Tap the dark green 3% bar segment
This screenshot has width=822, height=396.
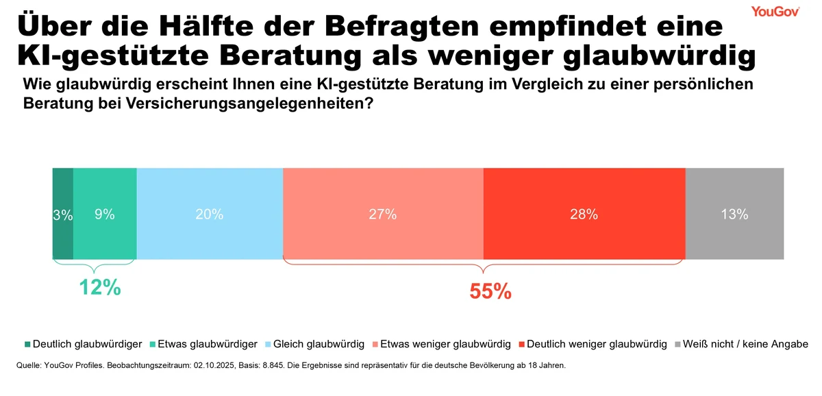(x=62, y=214)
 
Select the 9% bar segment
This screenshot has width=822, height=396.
(x=105, y=214)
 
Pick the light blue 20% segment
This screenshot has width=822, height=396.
(x=210, y=214)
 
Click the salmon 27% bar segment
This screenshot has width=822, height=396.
(x=383, y=214)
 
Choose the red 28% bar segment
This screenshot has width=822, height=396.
(x=584, y=214)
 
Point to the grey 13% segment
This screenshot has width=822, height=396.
(x=734, y=214)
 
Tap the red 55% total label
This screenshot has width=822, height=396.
(x=490, y=291)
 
